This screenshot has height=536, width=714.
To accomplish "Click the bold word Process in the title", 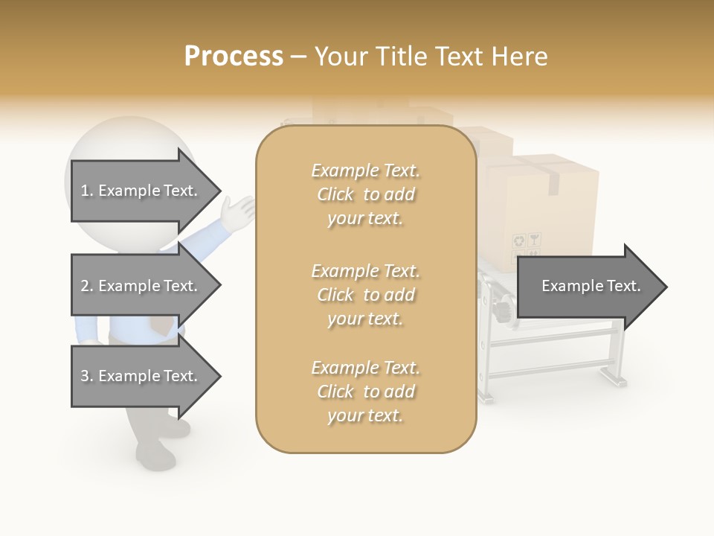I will tap(234, 57).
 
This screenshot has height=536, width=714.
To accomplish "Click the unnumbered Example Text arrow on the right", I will tap(591, 287).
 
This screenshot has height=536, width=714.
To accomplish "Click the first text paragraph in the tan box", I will tap(366, 194).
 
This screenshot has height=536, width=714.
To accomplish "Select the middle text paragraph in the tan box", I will tap(366, 295).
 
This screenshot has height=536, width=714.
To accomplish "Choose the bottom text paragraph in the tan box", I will tap(366, 392).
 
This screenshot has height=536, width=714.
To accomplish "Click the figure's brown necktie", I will tap(160, 325).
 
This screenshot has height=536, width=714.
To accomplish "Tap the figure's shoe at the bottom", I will tap(155, 455).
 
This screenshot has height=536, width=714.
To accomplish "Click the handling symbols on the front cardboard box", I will tap(527, 241).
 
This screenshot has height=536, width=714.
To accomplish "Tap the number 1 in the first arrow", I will tap(85, 191).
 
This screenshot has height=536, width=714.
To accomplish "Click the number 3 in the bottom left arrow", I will tap(85, 376).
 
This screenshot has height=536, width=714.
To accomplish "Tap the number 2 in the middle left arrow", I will tap(85, 286).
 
